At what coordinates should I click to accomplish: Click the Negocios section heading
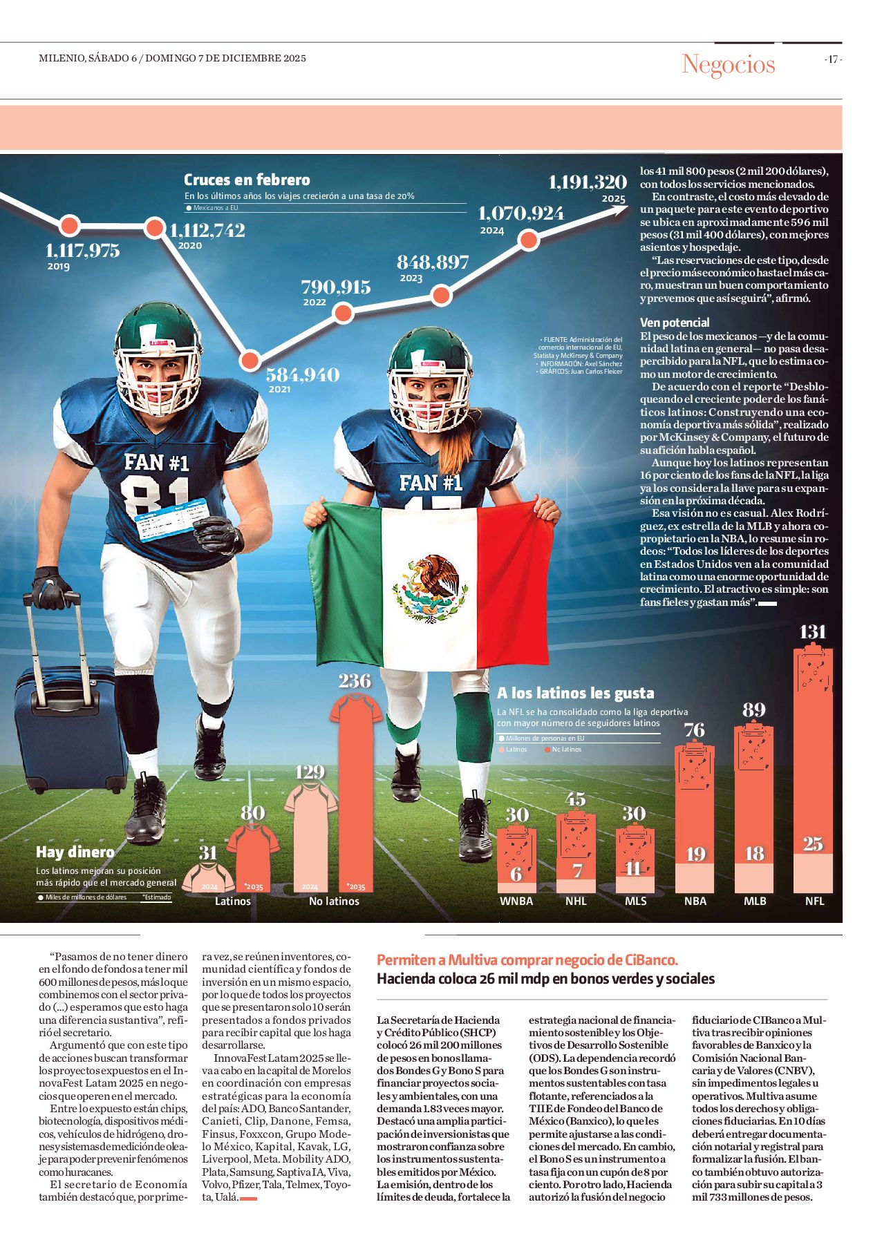pyautogui.click(x=728, y=64)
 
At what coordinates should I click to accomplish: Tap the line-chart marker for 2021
pyautogui.click(x=250, y=360)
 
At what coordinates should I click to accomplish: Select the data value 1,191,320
pyautogui.click(x=588, y=182)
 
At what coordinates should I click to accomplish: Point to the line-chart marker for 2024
pyautogui.click(x=528, y=240)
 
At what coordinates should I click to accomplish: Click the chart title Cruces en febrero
pyautogui.click(x=247, y=180)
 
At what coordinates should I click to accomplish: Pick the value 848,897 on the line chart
pyautogui.click(x=433, y=263)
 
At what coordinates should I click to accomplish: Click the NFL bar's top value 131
pyautogui.click(x=812, y=632)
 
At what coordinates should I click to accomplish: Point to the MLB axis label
pyautogui.click(x=755, y=901)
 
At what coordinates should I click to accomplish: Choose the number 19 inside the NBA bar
pyautogui.click(x=695, y=855)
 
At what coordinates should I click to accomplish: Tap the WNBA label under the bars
pyautogui.click(x=516, y=901)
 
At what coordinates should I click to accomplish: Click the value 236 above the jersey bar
pyautogui.click(x=355, y=681)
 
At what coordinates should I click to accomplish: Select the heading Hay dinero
pyautogui.click(x=75, y=852)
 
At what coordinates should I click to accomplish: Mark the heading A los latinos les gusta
pyautogui.click(x=575, y=693)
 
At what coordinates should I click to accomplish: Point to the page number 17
pyautogui.click(x=833, y=59)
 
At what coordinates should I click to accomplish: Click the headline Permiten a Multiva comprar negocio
pyautogui.click(x=527, y=960)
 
